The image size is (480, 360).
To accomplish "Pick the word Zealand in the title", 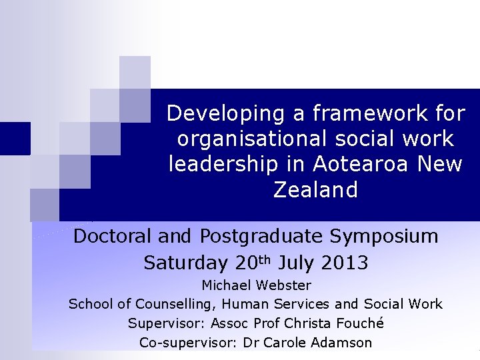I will pos(315,191).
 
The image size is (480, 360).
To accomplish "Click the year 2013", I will pos(344,263).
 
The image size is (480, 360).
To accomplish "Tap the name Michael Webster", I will pos(257,285).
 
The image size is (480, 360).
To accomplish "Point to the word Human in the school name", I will pos(248,305).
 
